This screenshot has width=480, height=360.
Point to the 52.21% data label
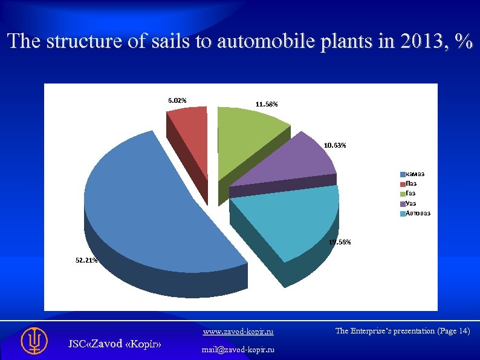click(x=86, y=260)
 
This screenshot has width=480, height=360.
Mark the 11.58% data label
click(x=267, y=105)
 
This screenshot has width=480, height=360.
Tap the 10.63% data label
click(x=335, y=146)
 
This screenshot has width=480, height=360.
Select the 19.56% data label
click(x=339, y=242)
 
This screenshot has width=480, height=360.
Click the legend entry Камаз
click(x=415, y=174)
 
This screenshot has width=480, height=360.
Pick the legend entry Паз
click(x=412, y=183)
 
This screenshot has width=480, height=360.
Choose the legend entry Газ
click(x=412, y=193)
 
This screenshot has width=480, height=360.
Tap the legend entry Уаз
click(x=412, y=203)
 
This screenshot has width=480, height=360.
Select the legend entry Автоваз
click(x=418, y=213)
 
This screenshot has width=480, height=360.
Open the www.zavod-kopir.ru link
click(x=238, y=332)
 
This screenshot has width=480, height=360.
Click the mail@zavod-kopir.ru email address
click(x=238, y=350)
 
